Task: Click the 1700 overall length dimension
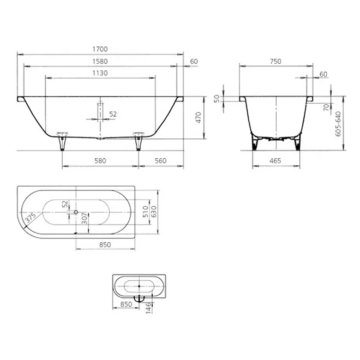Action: coord(100,49)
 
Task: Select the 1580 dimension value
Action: coord(100,62)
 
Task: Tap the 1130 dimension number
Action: coord(100,73)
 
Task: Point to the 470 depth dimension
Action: coord(199,118)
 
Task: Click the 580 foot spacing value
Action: coord(100,161)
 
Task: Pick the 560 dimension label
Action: coord(160,161)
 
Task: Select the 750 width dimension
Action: coord(275,62)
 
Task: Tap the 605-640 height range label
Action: coord(338,124)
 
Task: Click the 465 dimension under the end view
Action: coord(275,161)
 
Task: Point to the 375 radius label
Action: coord(31,218)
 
